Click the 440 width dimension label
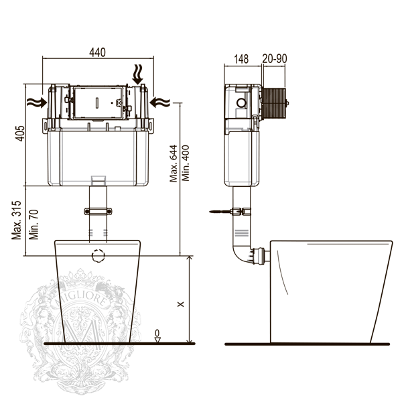click(x=97, y=52)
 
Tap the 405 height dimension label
click(x=20, y=133)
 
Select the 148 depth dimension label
click(x=241, y=59)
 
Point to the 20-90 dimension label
click(x=275, y=59)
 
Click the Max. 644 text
click(x=174, y=163)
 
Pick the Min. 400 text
click(x=186, y=163)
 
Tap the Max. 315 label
click(x=16, y=220)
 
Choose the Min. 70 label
click(x=33, y=224)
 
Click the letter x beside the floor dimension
click(x=181, y=304)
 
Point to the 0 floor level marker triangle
click(x=157, y=340)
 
